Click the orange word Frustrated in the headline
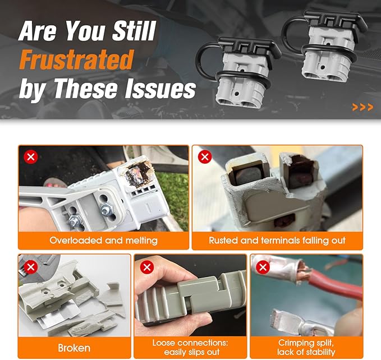tap(76, 59)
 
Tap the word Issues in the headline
tap(160, 89)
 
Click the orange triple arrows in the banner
tap(362, 107)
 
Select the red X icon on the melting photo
tap(31, 157)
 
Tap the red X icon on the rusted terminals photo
tap(205, 157)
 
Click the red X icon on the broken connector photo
tap(31, 267)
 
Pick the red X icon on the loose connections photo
tap(147, 267)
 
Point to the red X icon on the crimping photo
tap(263, 267)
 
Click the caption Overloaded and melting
tap(103, 241)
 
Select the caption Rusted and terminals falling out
tap(277, 241)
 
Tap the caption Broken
tap(74, 348)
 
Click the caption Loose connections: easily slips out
tap(190, 347)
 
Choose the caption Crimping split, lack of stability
tap(306, 347)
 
